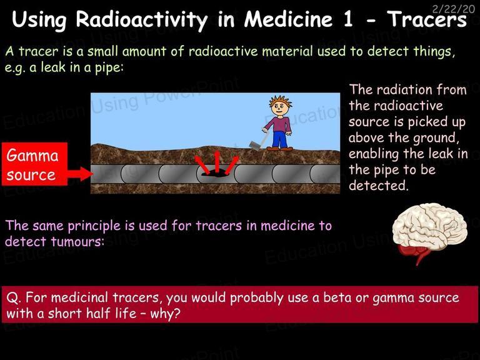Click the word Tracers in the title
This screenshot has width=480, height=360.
(427, 19)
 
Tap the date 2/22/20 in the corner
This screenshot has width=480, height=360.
(453, 9)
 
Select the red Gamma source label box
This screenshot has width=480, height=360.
(34, 164)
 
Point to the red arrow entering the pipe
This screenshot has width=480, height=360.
(80, 174)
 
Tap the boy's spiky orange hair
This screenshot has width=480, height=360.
(280, 101)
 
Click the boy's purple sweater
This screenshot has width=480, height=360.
(279, 124)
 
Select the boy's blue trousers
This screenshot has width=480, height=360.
(280, 139)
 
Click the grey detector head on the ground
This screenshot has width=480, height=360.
(255, 146)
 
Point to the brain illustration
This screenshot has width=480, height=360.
(429, 232)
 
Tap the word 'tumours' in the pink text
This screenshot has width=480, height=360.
(77, 241)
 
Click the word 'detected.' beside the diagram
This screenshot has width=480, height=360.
(379, 185)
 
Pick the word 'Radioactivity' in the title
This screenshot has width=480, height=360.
(142, 19)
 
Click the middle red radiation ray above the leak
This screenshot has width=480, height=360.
(217, 161)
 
